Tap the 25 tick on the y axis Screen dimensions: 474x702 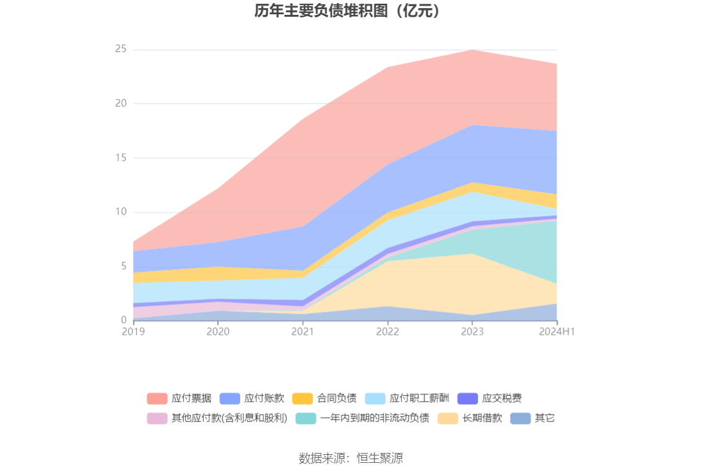[x=121, y=49]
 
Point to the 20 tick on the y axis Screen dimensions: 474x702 [x=121, y=103]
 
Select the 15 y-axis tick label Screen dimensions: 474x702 [x=121, y=158]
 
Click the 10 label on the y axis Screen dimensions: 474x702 [x=121, y=212]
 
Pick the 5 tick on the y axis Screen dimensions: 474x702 [x=124, y=266]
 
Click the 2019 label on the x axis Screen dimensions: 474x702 [x=133, y=332]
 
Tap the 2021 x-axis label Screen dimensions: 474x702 [x=303, y=332]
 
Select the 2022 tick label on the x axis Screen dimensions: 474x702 [x=388, y=332]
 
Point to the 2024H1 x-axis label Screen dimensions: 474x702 [x=557, y=332]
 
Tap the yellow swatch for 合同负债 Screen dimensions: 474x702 [x=303, y=399]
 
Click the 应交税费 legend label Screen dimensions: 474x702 [x=501, y=399]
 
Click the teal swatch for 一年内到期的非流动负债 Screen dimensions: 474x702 [x=306, y=418]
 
